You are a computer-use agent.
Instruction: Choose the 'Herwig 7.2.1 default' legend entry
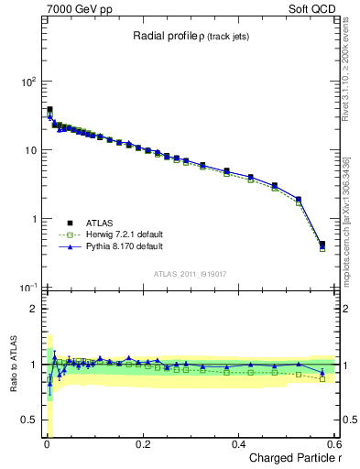tap(120, 234)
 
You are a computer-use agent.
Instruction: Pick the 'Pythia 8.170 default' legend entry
tap(119, 246)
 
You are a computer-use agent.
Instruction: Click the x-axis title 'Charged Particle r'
tap(290, 458)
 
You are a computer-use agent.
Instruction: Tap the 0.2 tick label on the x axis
tap(142, 444)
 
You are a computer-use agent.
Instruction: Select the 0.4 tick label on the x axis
tap(238, 444)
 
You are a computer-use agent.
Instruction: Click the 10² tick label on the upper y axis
tap(28, 82)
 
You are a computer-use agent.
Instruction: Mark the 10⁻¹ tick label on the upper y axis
tap(28, 289)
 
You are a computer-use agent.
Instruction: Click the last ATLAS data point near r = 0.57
tap(322, 245)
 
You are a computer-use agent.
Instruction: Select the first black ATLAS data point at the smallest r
tap(49, 110)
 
